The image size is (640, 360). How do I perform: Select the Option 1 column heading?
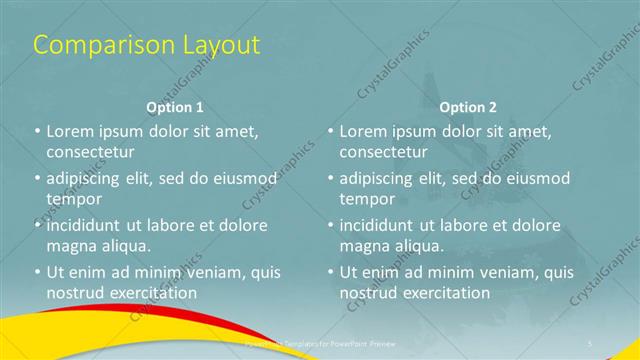pos(175,106)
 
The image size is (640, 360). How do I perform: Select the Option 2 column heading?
pos(467,106)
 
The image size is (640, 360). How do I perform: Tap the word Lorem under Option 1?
pos(71,131)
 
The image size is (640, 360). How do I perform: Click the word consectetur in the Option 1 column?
pos(90,152)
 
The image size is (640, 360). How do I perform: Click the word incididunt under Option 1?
pos(85,224)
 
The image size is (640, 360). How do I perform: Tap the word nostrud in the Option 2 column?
pos(369,292)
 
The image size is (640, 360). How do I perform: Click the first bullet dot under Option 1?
pos(38,131)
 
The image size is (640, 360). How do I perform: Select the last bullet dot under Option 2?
pos(331,271)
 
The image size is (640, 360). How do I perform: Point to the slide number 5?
pos(590,343)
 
